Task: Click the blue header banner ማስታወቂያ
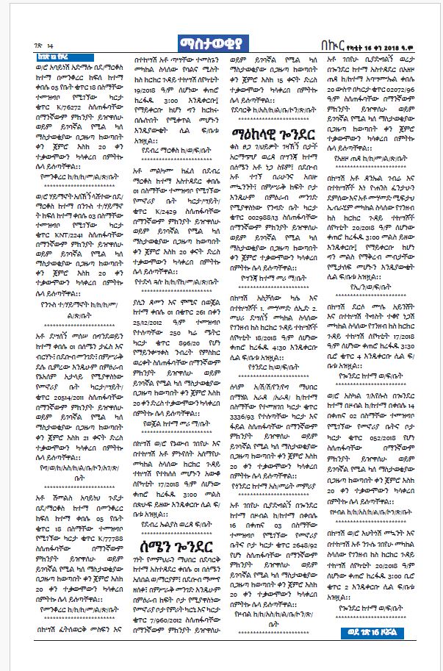(220, 43)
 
